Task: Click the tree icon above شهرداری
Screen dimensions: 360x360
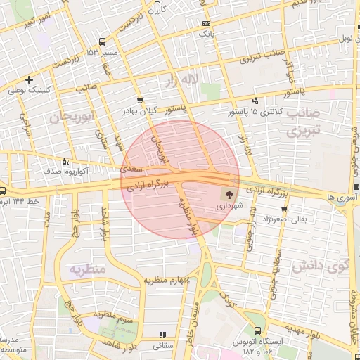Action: pyautogui.click(x=229, y=193)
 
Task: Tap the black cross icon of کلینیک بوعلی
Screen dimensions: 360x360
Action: pyautogui.click(x=29, y=79)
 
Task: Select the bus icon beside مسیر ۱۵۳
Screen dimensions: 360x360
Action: pyautogui.click(x=103, y=41)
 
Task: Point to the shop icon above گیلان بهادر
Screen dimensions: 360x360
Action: pyautogui.click(x=140, y=101)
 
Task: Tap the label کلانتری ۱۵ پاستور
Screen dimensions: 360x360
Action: pyautogui.click(x=253, y=112)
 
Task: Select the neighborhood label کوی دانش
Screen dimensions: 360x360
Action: pyautogui.click(x=328, y=266)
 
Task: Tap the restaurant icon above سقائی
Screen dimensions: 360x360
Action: pyautogui.click(x=163, y=335)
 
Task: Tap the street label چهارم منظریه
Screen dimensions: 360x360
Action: pyautogui.click(x=168, y=281)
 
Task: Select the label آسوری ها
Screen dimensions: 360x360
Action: pyautogui.click(x=341, y=198)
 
